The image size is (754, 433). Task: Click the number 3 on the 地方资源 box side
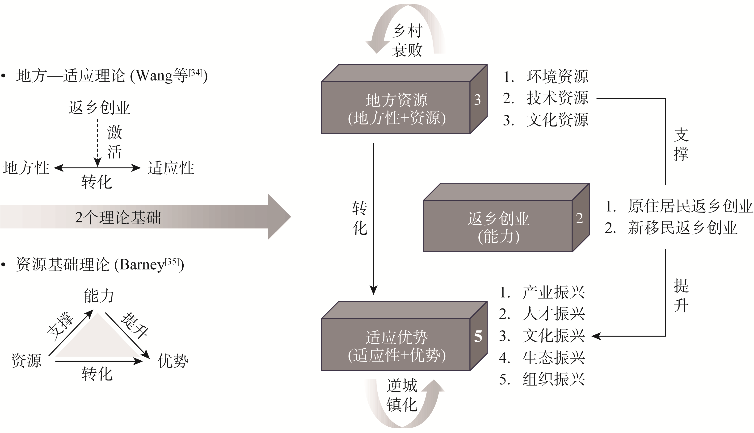(477, 100)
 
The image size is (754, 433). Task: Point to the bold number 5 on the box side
(478, 336)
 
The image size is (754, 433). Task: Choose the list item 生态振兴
(553, 358)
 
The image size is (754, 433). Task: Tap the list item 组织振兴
(553, 379)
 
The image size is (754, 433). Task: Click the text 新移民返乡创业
(682, 228)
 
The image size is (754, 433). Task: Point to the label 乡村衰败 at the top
(407, 40)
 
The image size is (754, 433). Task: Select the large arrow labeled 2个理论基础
(143, 217)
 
